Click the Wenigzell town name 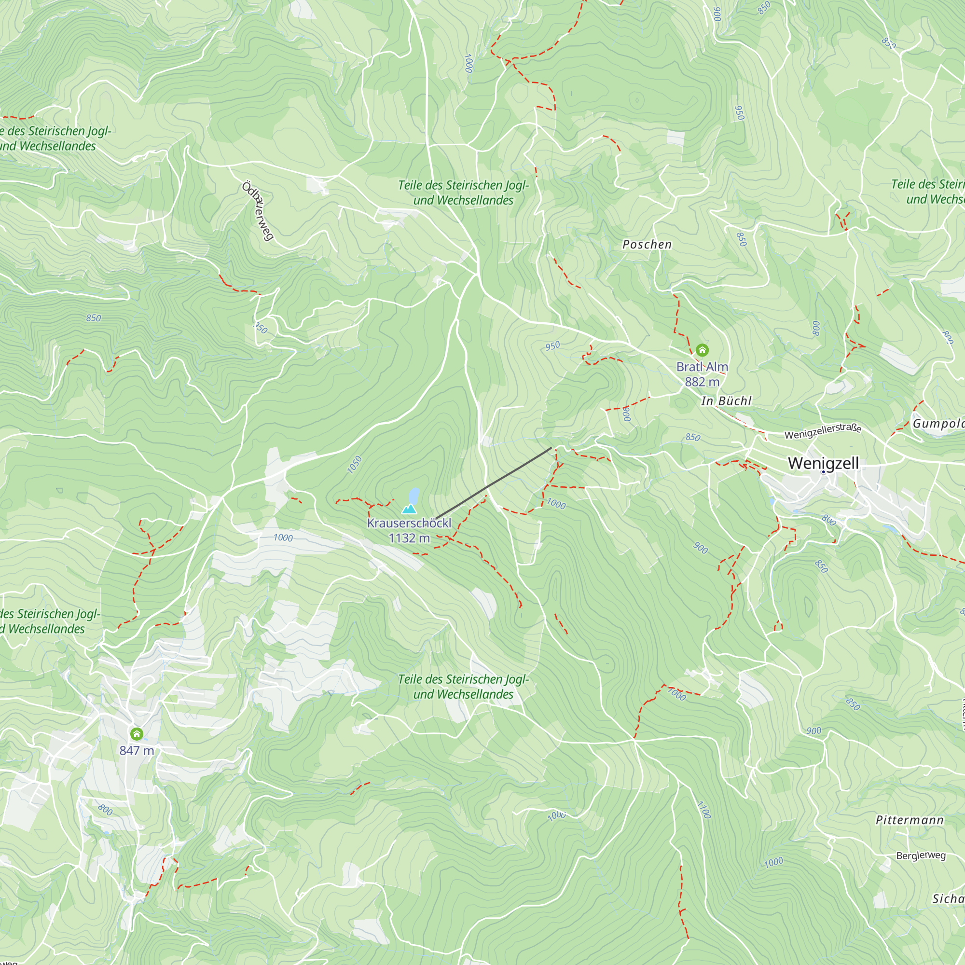823,463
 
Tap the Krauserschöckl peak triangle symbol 409,509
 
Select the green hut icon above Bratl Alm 702,350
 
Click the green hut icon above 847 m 137,734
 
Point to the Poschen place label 647,244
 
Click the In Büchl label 726,401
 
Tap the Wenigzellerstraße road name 823,431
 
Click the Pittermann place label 910,820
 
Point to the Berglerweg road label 921,855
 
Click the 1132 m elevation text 409,538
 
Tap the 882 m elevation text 702,382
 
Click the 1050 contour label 354,465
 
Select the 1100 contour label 703,810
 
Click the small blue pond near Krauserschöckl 414,496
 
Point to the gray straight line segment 494,483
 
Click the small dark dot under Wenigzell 823,472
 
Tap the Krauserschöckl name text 409,523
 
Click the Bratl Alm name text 702,367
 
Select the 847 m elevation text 137,751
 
